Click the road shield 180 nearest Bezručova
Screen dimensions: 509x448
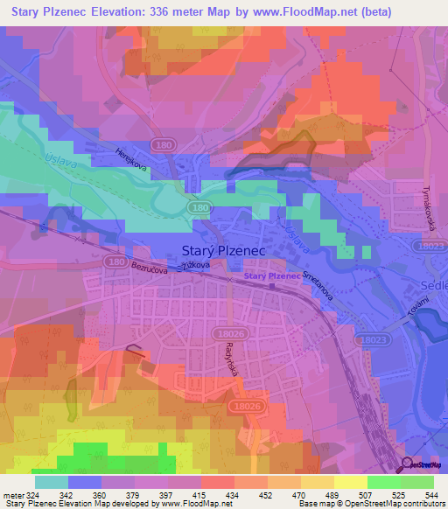click(113, 261)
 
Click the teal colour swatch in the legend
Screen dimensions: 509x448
click(51, 482)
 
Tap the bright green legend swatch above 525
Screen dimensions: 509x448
click(383, 482)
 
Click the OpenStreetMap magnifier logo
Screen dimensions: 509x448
click(408, 466)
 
